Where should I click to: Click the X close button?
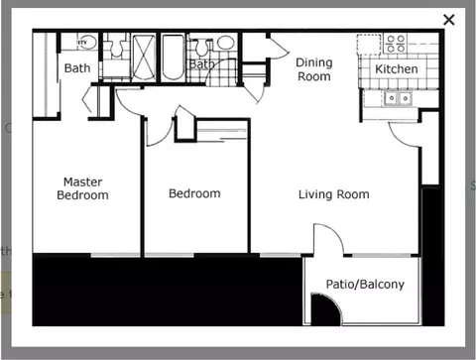pos(449,19)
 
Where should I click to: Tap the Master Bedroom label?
pos(82,188)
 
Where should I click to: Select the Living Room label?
pos(333,194)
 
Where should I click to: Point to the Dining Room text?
pos(313,69)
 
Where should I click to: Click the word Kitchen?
pos(397,70)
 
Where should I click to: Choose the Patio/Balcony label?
pos(365,285)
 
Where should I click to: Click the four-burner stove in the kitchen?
pos(396,44)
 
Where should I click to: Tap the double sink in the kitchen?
pos(399,97)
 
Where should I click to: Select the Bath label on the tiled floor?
pos(202,64)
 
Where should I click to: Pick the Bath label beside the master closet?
pos(76,68)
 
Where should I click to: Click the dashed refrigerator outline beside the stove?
pos(369,45)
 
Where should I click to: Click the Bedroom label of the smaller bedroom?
pos(194,193)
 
